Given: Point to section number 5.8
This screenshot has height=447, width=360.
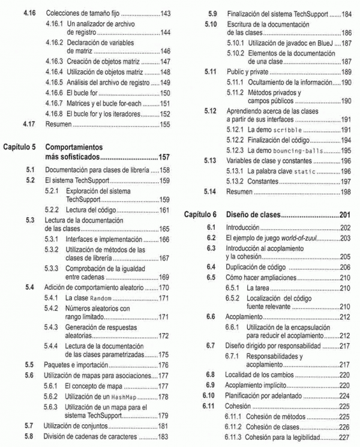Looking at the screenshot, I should (x=29, y=436).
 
